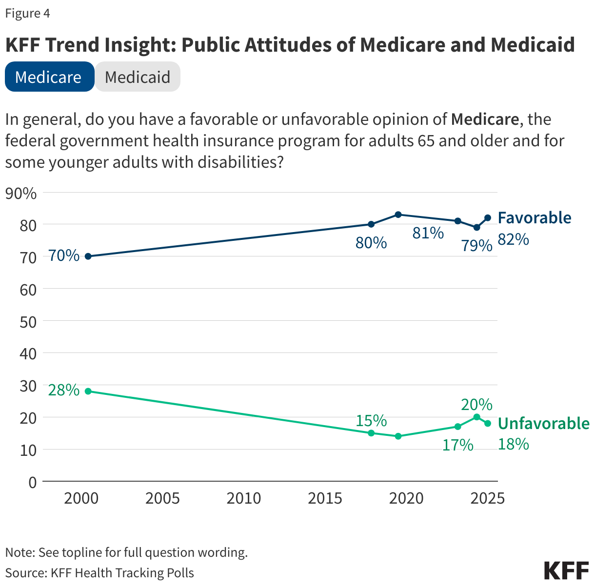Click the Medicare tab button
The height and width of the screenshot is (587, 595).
49,77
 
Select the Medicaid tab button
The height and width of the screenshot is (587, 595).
138,77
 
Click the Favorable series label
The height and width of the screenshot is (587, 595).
534,217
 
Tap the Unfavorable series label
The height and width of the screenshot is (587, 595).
543,423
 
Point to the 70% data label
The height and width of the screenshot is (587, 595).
64,255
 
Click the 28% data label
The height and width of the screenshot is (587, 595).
64,390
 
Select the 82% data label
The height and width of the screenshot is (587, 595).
513,239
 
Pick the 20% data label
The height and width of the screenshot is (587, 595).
476,404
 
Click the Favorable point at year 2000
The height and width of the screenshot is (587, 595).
88,256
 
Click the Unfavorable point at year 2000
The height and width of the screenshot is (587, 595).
88,391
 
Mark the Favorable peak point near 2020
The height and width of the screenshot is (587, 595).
398,215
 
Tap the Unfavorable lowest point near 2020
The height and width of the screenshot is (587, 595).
398,436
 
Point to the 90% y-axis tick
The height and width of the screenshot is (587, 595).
21,194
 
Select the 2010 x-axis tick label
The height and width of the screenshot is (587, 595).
244,498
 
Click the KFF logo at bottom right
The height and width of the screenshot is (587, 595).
566,570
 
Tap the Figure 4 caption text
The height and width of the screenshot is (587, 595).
28,14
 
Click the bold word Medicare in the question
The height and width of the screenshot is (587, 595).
484,119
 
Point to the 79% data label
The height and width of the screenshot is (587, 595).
477,245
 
